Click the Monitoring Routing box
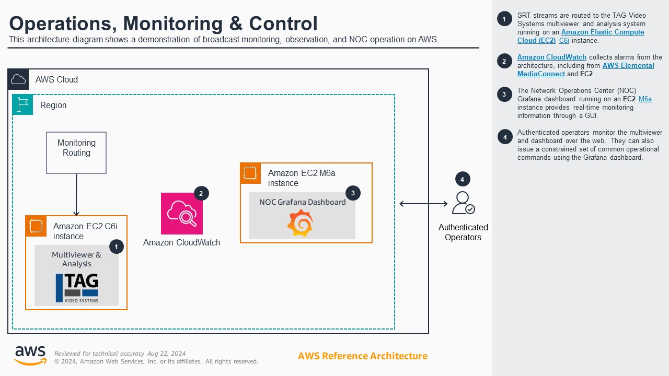76,152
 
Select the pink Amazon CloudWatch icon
181,214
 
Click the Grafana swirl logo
300,223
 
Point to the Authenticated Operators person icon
463,203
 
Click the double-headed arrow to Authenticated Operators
423,204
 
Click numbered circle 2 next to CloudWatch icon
201,193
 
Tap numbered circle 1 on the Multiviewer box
116,246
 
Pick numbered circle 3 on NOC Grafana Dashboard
353,193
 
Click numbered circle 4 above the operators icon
462,179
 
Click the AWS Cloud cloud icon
18,79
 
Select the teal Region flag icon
23,105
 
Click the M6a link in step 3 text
645,99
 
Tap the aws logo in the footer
30,355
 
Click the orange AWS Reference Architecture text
363,356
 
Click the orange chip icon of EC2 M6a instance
250,173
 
